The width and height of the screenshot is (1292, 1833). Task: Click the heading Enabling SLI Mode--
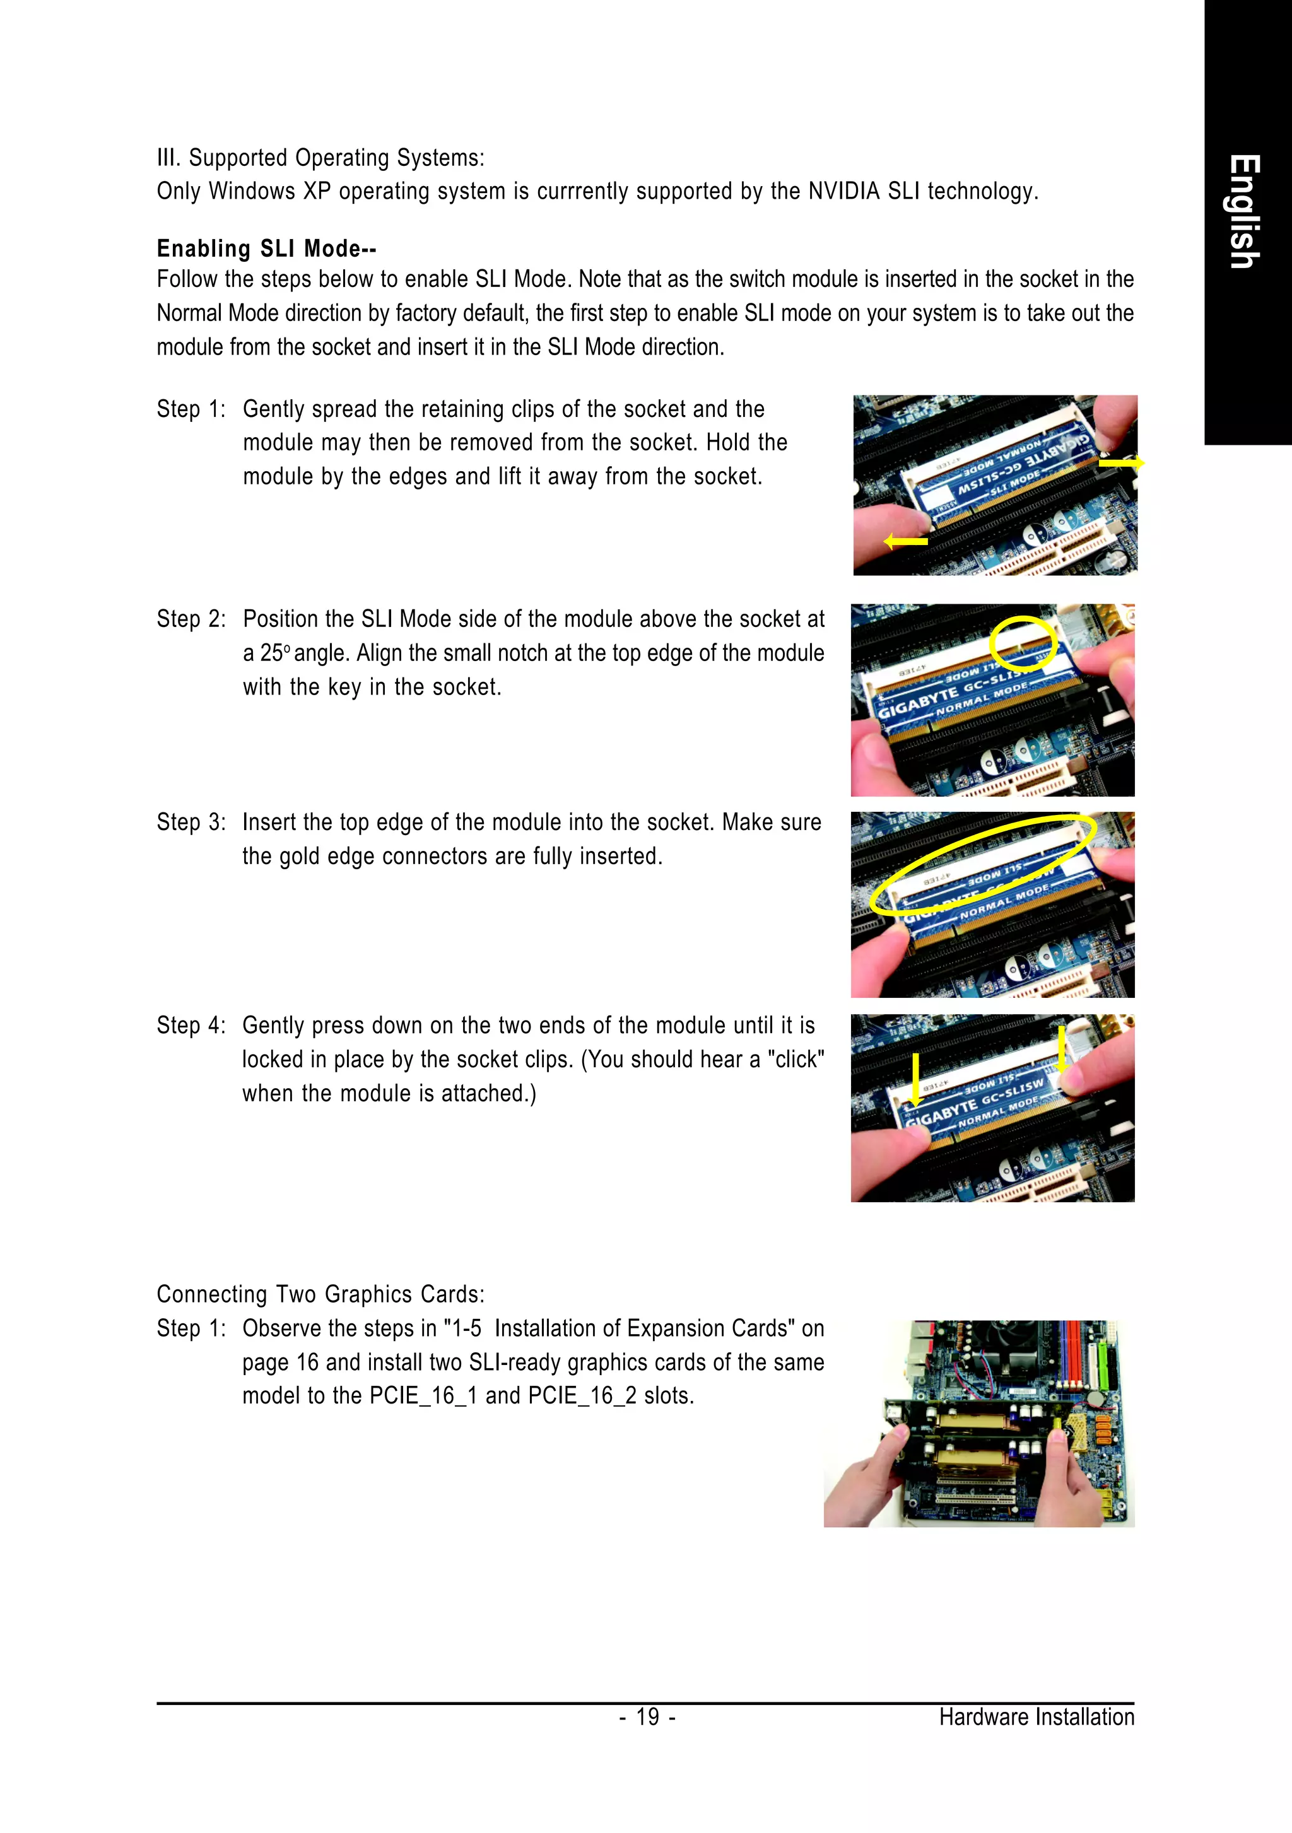(x=266, y=249)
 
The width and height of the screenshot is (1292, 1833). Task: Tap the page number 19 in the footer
(x=648, y=1716)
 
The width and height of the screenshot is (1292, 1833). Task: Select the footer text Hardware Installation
(x=1036, y=1716)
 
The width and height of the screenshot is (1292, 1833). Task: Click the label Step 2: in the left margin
(x=191, y=619)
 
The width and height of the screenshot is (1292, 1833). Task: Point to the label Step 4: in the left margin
(x=191, y=1025)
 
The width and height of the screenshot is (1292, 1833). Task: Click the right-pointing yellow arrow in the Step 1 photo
(x=1122, y=462)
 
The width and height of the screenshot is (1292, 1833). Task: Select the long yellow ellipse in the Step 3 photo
(x=982, y=864)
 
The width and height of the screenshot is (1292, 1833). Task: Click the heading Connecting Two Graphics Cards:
(x=320, y=1294)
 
